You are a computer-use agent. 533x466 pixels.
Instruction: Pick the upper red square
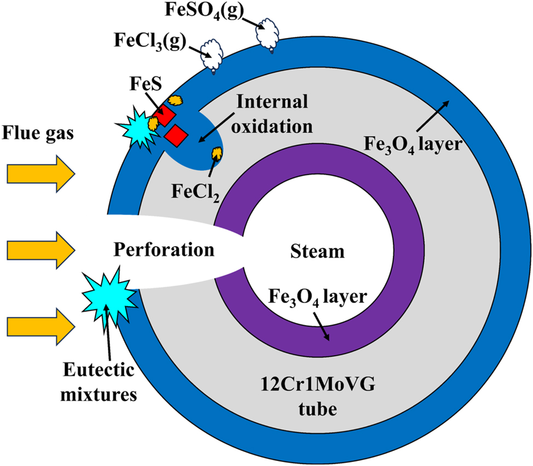tap(164, 116)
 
